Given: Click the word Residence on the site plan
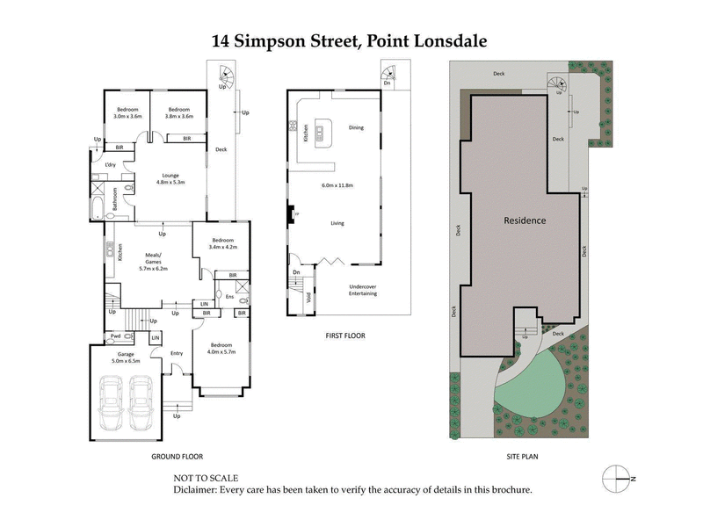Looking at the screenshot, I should pyautogui.click(x=525, y=220).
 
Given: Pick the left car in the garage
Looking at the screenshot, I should pyautogui.click(x=112, y=403).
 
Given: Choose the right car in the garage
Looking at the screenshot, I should pyautogui.click(x=142, y=403).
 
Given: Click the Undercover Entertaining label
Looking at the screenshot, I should pyautogui.click(x=363, y=289).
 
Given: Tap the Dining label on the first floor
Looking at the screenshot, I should pyautogui.click(x=356, y=127).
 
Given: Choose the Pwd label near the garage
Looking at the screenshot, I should pyautogui.click(x=115, y=336).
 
